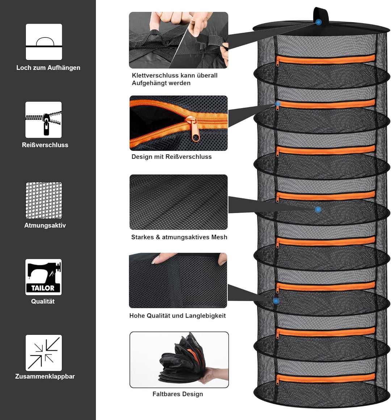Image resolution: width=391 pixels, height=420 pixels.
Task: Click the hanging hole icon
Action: click(x=44, y=42)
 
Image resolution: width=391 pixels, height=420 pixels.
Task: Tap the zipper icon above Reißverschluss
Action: click(x=43, y=120)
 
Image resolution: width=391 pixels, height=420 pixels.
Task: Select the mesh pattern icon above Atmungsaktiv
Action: click(x=44, y=200)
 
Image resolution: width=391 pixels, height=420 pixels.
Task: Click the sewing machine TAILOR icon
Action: click(x=43, y=277)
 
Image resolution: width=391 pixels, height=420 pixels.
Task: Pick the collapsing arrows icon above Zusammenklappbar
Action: click(x=43, y=353)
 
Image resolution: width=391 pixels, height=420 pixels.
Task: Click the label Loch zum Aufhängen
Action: click(x=48, y=68)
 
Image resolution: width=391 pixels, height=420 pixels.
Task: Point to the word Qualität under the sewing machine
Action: click(x=43, y=302)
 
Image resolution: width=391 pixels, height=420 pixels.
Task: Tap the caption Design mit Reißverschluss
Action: click(x=172, y=157)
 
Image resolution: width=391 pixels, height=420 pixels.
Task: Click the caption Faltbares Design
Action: click(x=178, y=394)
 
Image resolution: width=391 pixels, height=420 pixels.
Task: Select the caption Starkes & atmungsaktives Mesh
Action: click(x=179, y=237)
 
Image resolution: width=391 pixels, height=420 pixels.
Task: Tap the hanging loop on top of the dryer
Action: click(x=321, y=16)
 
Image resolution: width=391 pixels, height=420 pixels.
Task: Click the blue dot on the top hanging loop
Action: click(x=318, y=22)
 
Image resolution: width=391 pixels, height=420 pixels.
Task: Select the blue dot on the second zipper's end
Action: click(x=278, y=104)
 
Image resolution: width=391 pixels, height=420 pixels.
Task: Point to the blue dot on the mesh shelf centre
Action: click(x=318, y=209)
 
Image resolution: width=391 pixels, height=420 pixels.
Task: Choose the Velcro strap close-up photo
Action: click(x=178, y=40)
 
